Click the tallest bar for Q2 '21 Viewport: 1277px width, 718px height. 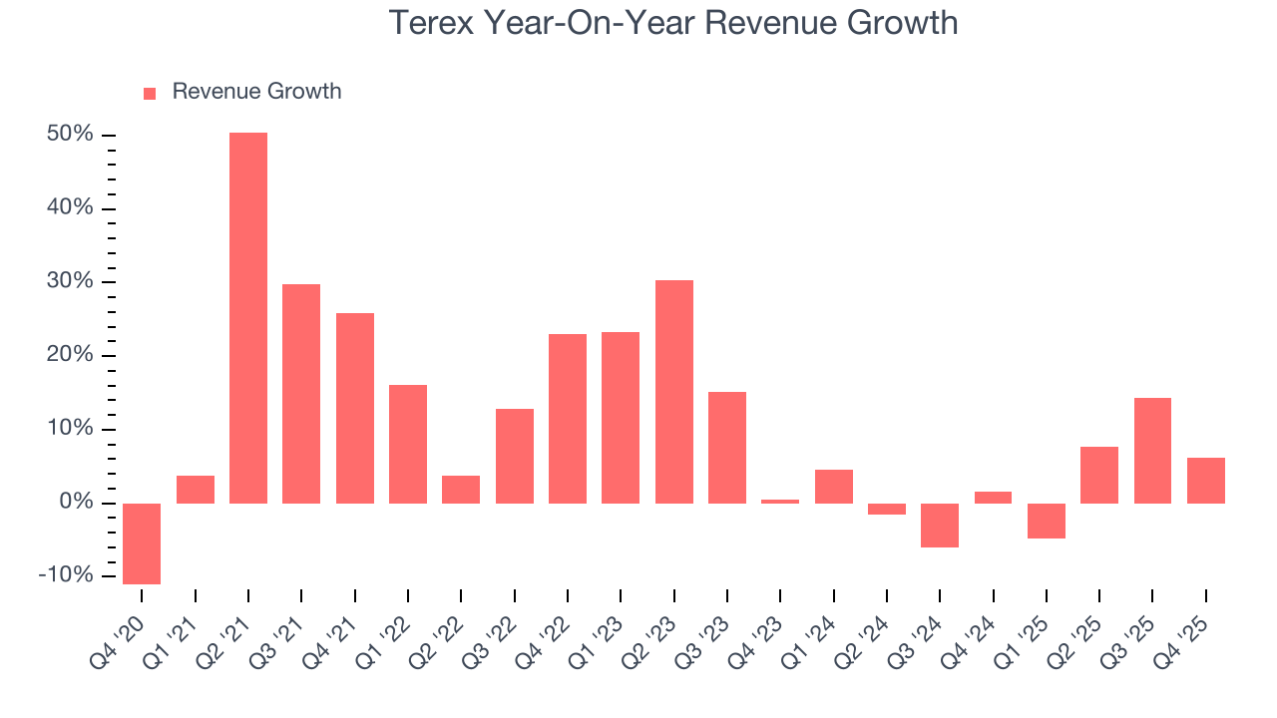248,317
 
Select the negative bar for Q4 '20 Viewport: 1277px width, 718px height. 142,543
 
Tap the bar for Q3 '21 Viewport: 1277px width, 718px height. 301,393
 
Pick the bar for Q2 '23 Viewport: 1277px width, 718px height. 674,391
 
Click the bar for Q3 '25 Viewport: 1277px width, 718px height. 1152,450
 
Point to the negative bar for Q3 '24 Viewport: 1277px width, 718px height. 940,526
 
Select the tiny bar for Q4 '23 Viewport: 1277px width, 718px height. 780,502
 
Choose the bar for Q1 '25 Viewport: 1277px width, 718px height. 1047,521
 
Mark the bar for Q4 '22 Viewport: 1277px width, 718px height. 568,418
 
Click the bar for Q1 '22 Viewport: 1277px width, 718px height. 408,444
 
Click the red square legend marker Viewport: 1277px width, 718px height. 150,94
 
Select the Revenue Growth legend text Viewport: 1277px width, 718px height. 256,92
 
